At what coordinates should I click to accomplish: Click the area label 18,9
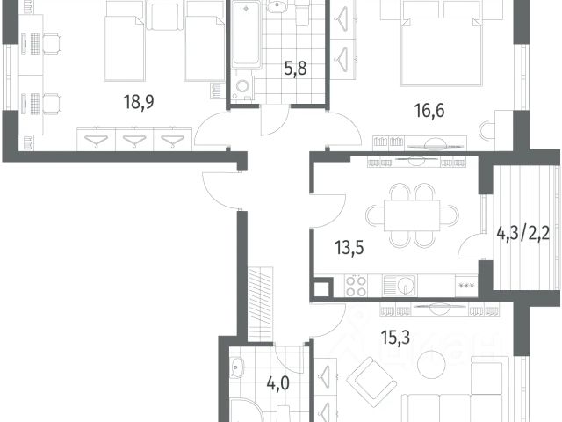pyautogui.click(x=139, y=102)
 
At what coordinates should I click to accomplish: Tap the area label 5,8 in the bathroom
pyautogui.click(x=295, y=69)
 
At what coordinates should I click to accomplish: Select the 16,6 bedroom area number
pyautogui.click(x=429, y=110)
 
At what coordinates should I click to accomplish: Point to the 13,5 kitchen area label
pyautogui.click(x=349, y=248)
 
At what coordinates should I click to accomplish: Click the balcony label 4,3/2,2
pyautogui.click(x=523, y=235)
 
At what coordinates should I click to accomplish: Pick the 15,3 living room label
pyautogui.click(x=395, y=338)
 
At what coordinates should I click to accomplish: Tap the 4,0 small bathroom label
pyautogui.click(x=277, y=383)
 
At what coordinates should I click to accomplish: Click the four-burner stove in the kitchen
pyautogui.click(x=357, y=286)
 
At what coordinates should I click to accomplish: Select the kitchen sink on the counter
pyautogui.click(x=400, y=285)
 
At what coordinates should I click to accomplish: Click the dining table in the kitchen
pyautogui.click(x=412, y=216)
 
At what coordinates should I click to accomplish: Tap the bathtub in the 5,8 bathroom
pyautogui.click(x=246, y=34)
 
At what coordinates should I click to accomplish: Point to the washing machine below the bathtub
pyautogui.click(x=242, y=88)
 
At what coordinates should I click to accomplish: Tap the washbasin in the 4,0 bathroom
pyautogui.click(x=236, y=367)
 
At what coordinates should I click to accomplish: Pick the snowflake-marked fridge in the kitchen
pyautogui.click(x=466, y=286)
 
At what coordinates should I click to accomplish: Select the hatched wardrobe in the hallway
pyautogui.click(x=261, y=304)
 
